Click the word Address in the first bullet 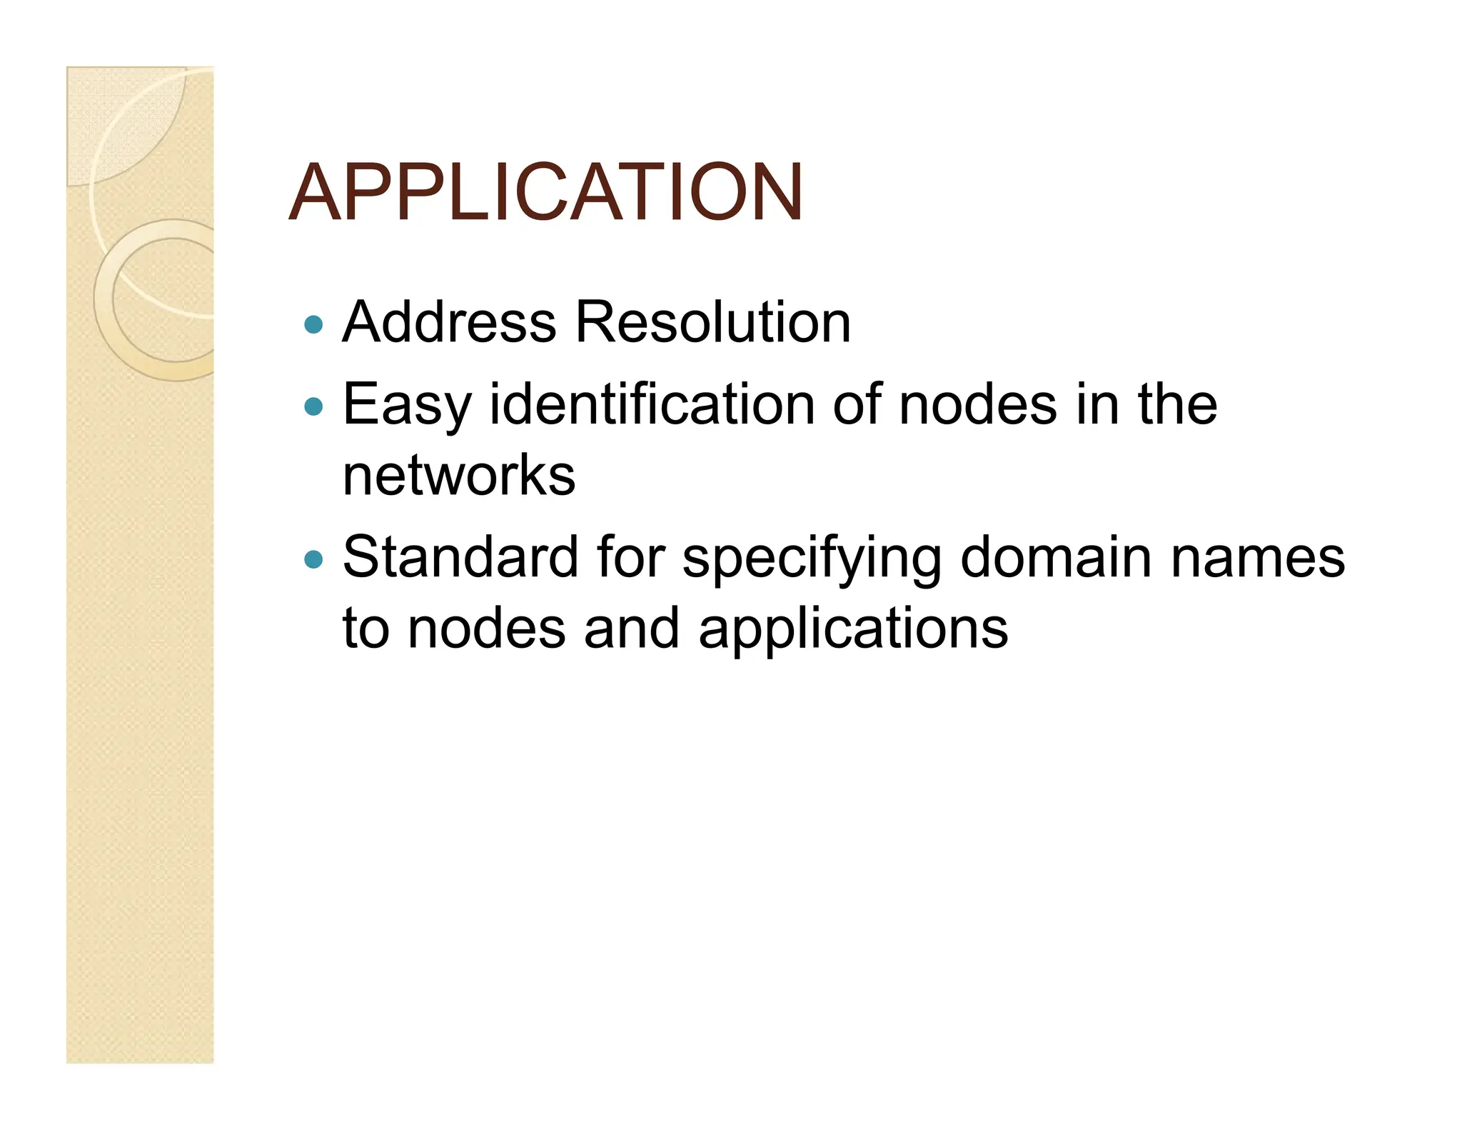coord(449,322)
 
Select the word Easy coord(407,405)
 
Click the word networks coord(459,475)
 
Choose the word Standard coord(460,557)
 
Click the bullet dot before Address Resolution coord(313,325)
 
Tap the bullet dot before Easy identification coord(313,407)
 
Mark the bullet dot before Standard coord(313,559)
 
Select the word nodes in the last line coord(486,629)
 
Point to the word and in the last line coord(632,629)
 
